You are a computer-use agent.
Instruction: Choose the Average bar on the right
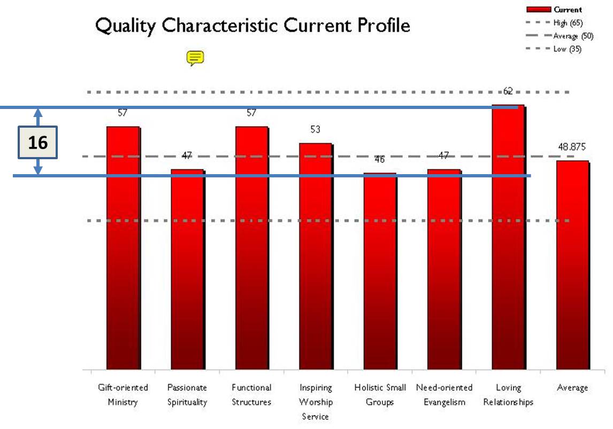[x=572, y=265]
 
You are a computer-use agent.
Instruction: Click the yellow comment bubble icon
[x=195, y=58]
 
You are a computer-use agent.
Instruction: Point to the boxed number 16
[x=37, y=143]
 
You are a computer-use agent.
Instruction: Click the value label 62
[x=508, y=91]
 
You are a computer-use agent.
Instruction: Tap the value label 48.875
[x=572, y=148]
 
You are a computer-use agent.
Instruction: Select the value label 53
[x=315, y=130]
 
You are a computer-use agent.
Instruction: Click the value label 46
[x=379, y=159]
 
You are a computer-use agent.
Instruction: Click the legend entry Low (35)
[x=568, y=49]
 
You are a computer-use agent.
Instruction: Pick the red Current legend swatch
[x=539, y=10]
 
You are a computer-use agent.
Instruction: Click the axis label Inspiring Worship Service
[x=315, y=401]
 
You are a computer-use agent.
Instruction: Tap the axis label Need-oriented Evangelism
[x=444, y=394]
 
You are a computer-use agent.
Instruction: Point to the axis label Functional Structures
[x=251, y=394]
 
